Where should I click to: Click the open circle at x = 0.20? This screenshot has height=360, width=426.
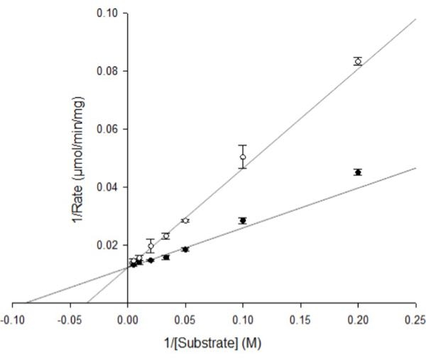click(x=358, y=61)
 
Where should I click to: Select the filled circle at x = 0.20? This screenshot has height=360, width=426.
click(x=358, y=172)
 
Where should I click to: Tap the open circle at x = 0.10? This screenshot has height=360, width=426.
click(x=243, y=157)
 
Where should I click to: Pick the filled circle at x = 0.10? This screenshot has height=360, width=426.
click(x=243, y=220)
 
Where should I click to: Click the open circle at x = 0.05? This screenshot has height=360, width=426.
click(x=185, y=221)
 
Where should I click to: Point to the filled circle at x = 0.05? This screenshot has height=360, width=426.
click(x=185, y=249)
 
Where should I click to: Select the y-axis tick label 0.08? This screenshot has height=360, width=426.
click(x=108, y=71)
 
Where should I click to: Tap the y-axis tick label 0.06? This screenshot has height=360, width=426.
click(x=108, y=129)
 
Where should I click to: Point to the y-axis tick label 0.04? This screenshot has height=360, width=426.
click(x=108, y=187)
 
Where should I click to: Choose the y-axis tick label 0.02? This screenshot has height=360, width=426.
click(x=108, y=246)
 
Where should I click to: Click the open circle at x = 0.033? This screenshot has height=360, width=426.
click(x=165, y=236)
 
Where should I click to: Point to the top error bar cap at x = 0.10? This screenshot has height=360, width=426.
click(x=243, y=145)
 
